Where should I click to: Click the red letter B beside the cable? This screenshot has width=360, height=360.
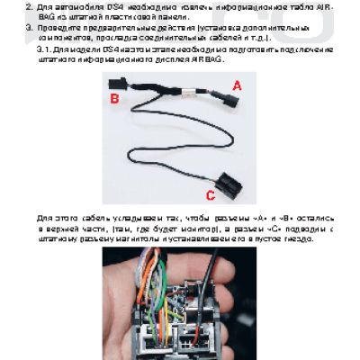tap(114, 98)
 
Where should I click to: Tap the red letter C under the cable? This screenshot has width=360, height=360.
tap(210, 193)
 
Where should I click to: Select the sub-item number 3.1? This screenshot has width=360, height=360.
tap(44, 49)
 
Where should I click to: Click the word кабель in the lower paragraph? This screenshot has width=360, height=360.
tap(87, 218)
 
